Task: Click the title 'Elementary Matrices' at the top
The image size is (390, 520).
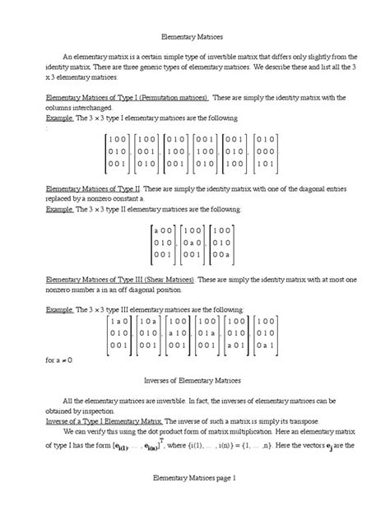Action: [194, 37]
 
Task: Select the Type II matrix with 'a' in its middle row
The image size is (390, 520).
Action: [195, 244]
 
